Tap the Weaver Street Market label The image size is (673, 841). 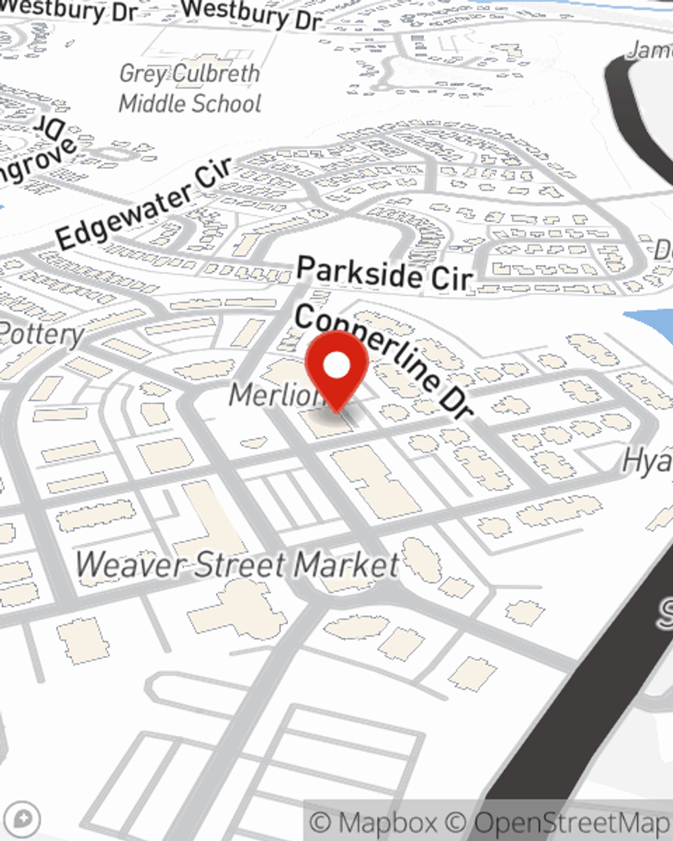point(237,564)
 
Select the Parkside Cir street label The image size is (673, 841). point(385,273)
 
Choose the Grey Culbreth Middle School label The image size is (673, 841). point(190,88)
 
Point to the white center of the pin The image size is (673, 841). point(336,366)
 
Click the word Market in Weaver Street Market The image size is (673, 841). point(347,564)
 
